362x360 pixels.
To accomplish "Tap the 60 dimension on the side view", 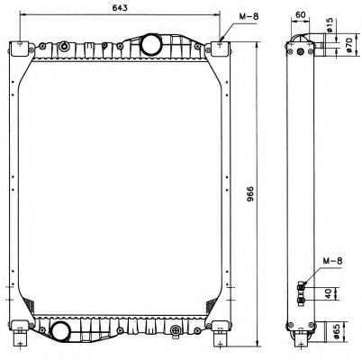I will (x=300, y=15).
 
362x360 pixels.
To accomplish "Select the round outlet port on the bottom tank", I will (x=62, y=330).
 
